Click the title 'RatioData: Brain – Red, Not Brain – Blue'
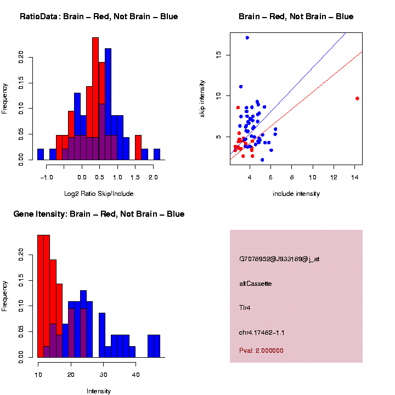tap(99, 16)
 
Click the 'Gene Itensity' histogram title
tap(99, 214)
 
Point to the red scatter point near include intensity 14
tap(357, 98)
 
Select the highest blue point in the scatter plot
tap(247, 38)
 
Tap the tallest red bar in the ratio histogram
tap(95, 88)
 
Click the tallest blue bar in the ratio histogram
tap(108, 99)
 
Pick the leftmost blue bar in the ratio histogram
tap(41, 154)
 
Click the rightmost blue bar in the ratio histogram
tap(157, 154)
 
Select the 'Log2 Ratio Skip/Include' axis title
tap(99, 194)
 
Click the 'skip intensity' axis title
tap(202, 97)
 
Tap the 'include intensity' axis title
tap(296, 194)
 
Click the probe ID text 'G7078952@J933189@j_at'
tap(279, 259)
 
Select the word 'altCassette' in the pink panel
tap(256, 284)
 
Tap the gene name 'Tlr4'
tap(245, 308)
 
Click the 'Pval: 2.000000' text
tap(261, 351)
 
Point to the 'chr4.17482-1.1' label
tap(262, 332)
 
